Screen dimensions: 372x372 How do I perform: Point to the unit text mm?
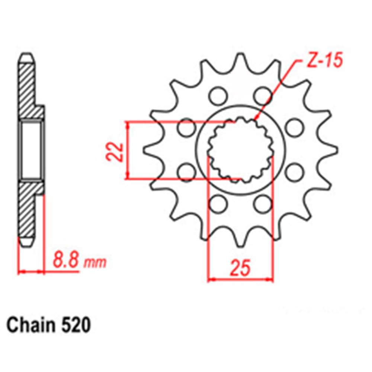coord(95,263)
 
